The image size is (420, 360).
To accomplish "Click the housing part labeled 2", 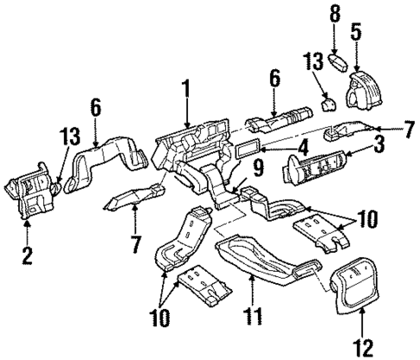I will [x=29, y=195].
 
